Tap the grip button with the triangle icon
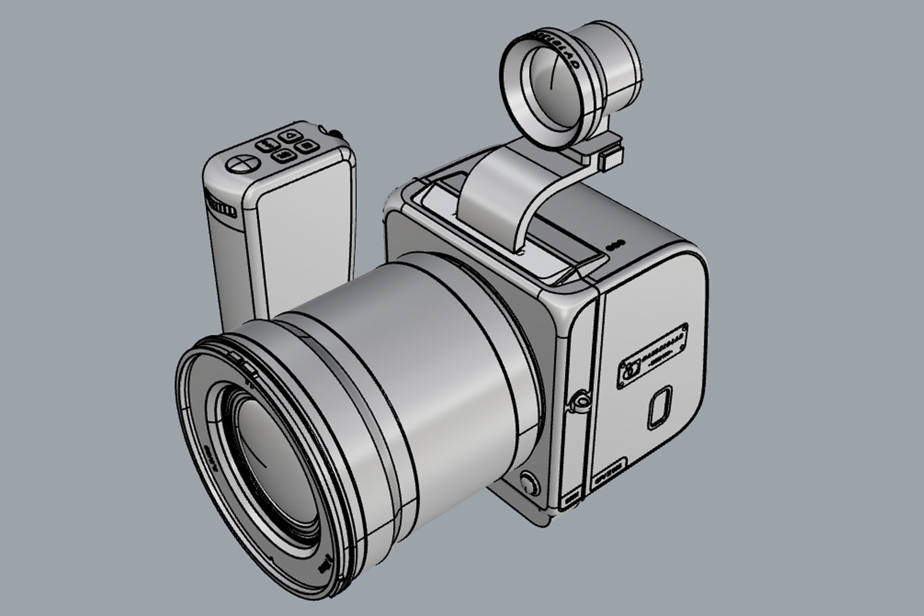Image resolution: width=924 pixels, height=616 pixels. (289, 137)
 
